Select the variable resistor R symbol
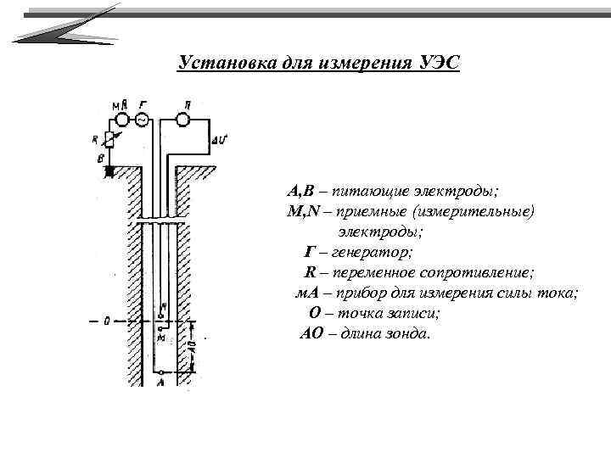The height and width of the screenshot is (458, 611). click(x=109, y=140)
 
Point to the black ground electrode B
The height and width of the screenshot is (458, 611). click(x=109, y=170)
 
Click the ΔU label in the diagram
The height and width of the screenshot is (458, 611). click(x=219, y=138)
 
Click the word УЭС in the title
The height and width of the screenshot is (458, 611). click(x=438, y=64)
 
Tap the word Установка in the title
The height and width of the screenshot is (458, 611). click(x=223, y=64)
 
